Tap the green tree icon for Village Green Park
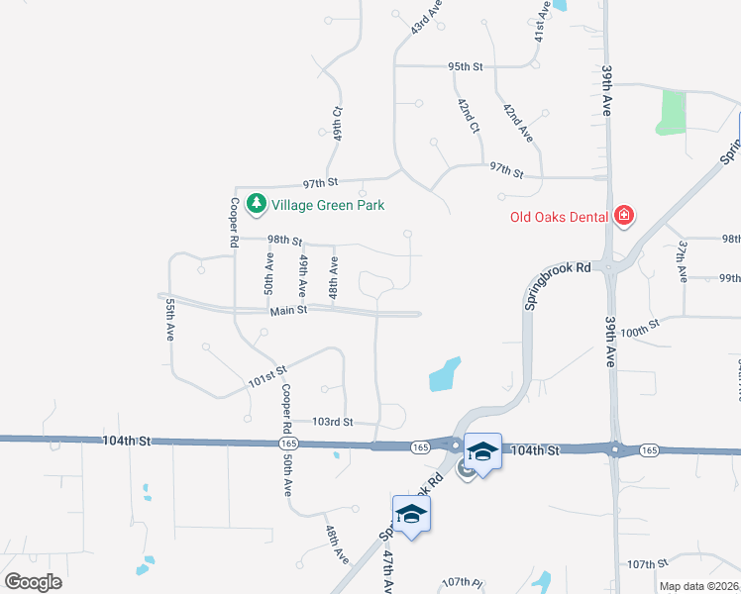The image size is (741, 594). [258, 204]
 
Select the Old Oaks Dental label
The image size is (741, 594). [560, 216]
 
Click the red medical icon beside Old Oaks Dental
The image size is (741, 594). [623, 215]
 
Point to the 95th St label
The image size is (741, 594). [465, 67]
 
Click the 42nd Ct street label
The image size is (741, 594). [468, 116]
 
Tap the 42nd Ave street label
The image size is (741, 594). [517, 123]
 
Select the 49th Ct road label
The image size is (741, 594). [337, 123]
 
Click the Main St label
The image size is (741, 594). [289, 311]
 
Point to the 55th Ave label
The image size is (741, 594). [170, 320]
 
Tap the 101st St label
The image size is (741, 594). [267, 377]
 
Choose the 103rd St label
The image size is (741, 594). [333, 422]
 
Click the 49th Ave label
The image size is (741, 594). [303, 276]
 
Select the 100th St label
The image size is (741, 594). [641, 329]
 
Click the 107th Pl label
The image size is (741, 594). [462, 582]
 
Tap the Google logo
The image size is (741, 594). [33, 582]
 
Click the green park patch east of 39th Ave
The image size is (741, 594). [672, 113]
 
